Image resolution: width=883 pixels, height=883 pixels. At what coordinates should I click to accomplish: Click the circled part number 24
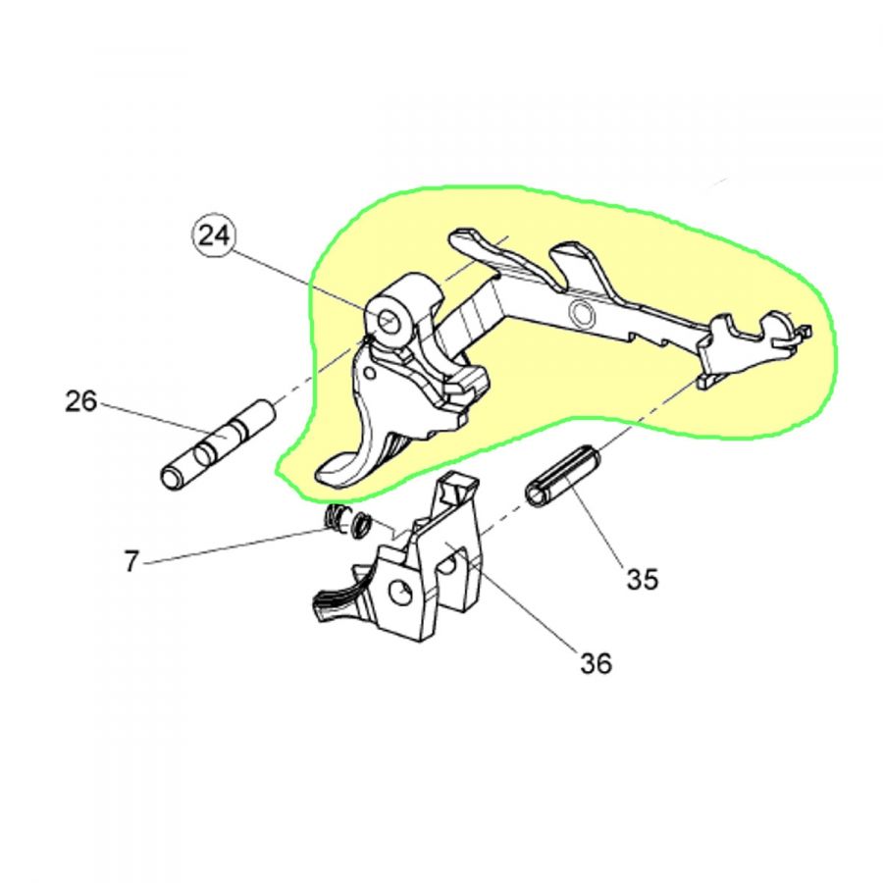coord(214,236)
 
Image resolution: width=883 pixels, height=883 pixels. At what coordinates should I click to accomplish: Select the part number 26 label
coord(81,401)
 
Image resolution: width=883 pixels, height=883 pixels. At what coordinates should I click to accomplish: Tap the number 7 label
coord(131,561)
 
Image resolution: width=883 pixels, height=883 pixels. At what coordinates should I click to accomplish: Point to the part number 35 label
coord(643,578)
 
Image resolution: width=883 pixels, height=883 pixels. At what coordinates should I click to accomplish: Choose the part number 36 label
coord(597,663)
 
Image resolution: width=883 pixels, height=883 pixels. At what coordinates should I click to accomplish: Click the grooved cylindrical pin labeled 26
coord(218,446)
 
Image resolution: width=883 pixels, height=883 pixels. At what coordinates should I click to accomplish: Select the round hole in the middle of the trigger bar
coord(581,313)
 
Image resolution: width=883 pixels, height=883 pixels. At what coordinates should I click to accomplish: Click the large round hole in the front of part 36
coord(400,594)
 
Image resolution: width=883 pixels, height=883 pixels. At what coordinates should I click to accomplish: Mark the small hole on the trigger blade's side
coord(370,374)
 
